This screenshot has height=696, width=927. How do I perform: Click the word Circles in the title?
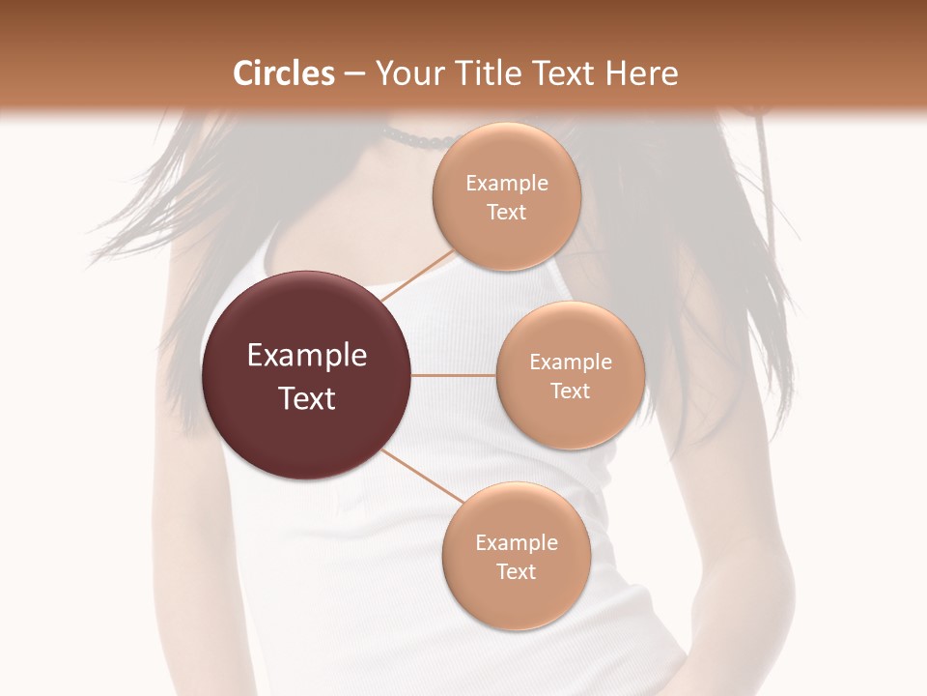pyautogui.click(x=284, y=73)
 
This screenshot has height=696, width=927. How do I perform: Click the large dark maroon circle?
pyautogui.click(x=307, y=375)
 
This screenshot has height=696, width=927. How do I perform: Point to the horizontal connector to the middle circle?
pyautogui.click(x=453, y=375)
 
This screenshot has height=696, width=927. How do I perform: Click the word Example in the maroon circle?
pyautogui.click(x=307, y=356)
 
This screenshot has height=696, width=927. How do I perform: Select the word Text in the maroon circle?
pyautogui.click(x=307, y=398)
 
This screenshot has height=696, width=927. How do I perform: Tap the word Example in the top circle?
pyautogui.click(x=506, y=184)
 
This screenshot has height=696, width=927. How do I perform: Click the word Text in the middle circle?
pyautogui.click(x=570, y=391)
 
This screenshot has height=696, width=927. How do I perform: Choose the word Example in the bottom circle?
pyautogui.click(x=516, y=543)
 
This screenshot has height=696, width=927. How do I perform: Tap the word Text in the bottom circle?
pyautogui.click(x=516, y=571)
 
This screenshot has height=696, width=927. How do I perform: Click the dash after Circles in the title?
pyautogui.click(x=354, y=73)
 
